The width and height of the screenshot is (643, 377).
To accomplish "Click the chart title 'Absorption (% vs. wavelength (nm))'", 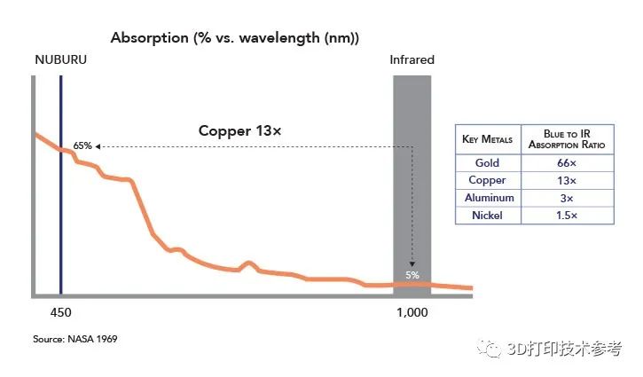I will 234,38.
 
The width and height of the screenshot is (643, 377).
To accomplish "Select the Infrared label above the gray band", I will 412,61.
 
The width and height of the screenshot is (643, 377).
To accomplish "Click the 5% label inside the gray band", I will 412,275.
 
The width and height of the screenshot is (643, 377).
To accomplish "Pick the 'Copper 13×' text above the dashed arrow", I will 239,131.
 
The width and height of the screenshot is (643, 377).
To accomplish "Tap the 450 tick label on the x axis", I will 60,313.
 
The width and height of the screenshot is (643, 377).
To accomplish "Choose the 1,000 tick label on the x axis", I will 412,313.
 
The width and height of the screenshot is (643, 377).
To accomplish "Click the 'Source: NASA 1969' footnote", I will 75,339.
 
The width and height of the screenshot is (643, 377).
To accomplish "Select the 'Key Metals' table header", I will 487,140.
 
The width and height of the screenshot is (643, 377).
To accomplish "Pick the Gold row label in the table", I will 487,163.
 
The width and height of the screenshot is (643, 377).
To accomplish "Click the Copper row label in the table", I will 487,180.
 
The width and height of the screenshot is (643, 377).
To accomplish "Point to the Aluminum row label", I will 487,198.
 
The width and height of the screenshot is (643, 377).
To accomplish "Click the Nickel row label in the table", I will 487,215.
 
